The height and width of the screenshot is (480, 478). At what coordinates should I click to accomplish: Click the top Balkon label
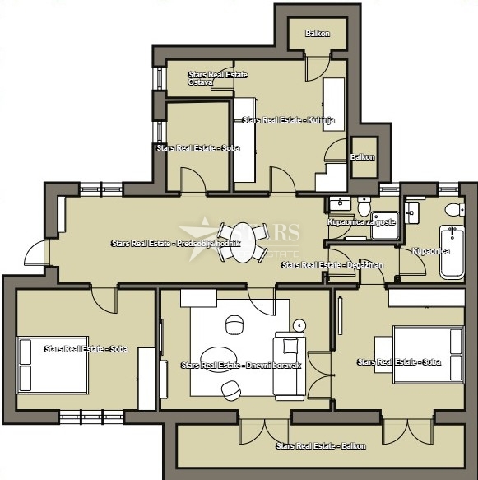(x=318, y=34)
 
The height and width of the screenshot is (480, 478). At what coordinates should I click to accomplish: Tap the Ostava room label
(x=201, y=82)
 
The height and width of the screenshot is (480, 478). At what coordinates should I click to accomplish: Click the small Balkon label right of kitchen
(x=363, y=156)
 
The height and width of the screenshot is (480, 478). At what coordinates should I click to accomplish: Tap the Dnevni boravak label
(x=241, y=365)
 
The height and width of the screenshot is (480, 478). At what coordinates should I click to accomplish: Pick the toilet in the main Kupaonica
(x=451, y=209)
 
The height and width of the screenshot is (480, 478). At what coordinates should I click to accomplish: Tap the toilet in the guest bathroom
(x=364, y=203)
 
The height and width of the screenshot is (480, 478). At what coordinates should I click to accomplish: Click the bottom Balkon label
(x=321, y=445)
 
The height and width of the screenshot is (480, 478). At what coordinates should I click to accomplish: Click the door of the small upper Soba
(x=193, y=178)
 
